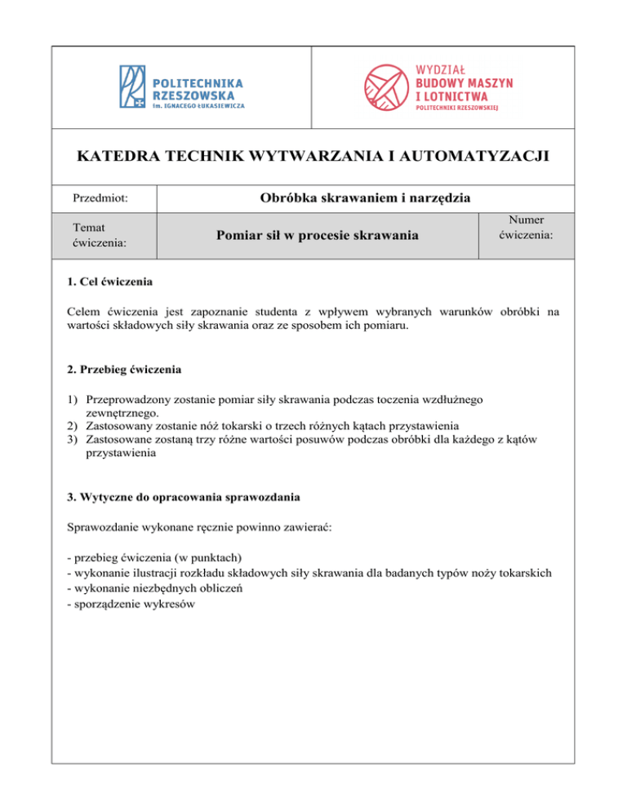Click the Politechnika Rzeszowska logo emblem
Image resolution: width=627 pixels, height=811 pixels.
tap(133, 86)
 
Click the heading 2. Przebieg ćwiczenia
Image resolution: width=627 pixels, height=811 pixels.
tap(124, 369)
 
